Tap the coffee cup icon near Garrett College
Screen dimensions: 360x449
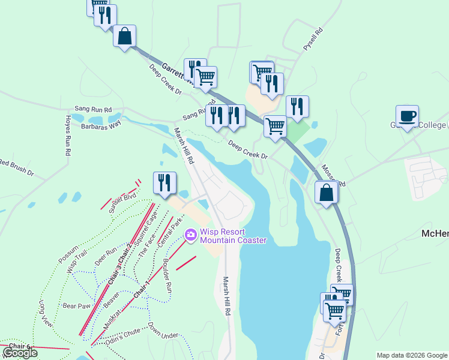[x=407, y=116]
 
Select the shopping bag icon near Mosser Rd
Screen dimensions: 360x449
[x=326, y=193]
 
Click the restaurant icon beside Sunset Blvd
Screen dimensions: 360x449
[x=164, y=182]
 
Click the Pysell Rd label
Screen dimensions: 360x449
[x=313, y=38]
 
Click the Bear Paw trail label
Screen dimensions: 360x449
[x=76, y=306]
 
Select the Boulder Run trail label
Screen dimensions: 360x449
[x=167, y=277]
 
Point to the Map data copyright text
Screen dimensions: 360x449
[x=411, y=355]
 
